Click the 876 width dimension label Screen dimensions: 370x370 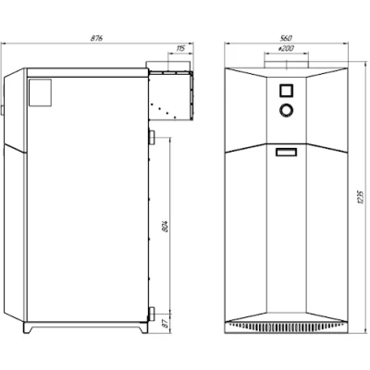click(x=96, y=39)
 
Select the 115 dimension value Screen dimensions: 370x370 click(x=180, y=48)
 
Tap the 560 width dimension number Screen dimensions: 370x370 click(x=286, y=39)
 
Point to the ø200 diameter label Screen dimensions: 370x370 click(x=286, y=48)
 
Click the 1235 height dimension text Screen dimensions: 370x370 click(x=362, y=197)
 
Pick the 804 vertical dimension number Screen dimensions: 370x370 click(x=166, y=226)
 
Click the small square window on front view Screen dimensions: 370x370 click(x=287, y=91)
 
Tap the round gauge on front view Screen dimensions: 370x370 click(x=287, y=110)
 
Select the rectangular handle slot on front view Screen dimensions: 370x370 click(x=287, y=153)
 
